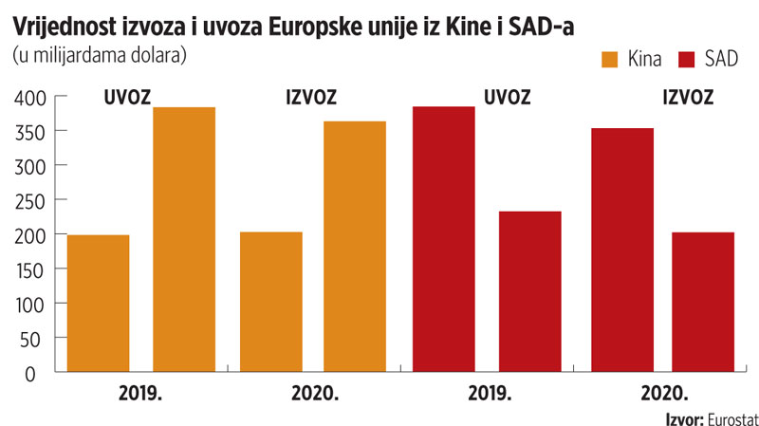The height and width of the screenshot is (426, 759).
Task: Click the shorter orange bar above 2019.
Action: coord(99,304)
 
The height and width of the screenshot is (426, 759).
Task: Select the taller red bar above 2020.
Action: coord(621,250)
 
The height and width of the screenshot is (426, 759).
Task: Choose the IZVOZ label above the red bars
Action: coord(690,97)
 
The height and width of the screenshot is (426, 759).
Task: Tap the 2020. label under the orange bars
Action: coord(313,393)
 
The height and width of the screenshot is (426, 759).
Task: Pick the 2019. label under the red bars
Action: coord(488,393)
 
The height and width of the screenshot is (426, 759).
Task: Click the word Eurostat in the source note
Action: coord(729,417)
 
